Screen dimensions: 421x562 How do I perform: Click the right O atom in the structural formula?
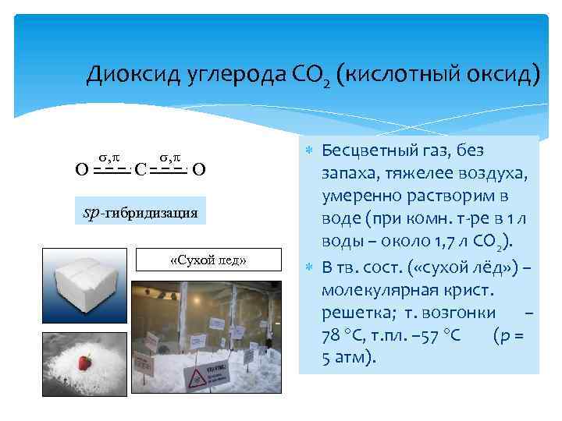tap(198, 168)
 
